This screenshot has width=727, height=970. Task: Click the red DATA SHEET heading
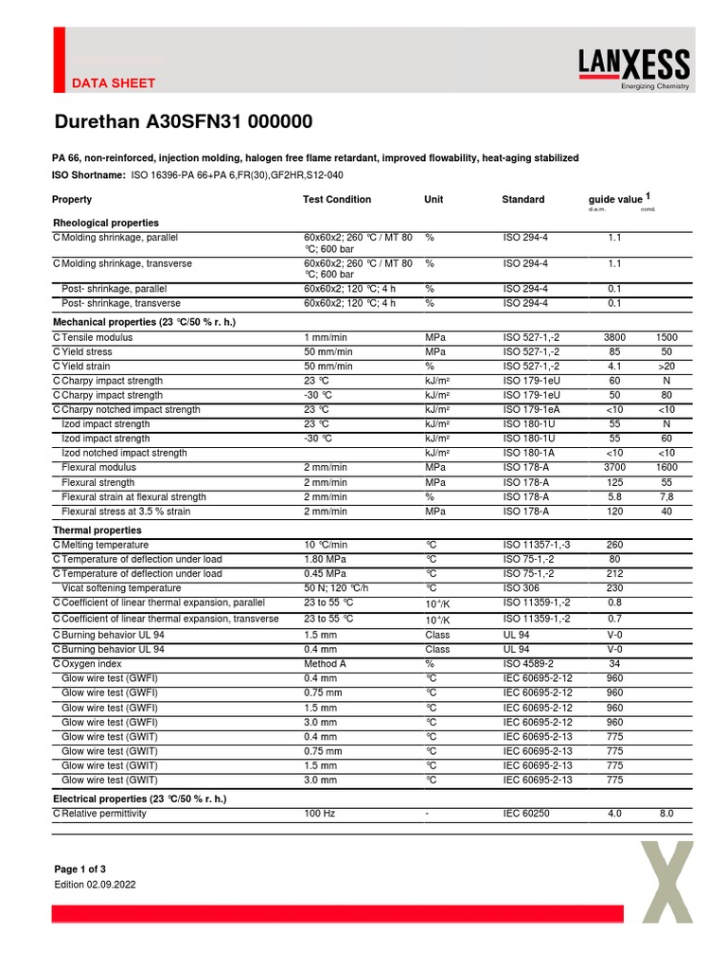115,83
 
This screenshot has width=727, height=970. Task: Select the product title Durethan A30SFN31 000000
183,122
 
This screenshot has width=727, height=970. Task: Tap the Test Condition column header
337,200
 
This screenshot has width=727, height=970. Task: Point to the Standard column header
523,200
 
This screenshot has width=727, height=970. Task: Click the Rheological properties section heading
106,223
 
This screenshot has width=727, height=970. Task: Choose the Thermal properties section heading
98,530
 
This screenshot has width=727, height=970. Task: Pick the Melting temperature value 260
614,545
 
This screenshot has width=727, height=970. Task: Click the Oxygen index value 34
614,664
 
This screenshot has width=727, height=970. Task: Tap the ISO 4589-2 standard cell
528,664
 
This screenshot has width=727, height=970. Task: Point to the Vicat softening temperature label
121,588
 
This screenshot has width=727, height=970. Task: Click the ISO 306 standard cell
522,588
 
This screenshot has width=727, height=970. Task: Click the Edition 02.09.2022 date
96,885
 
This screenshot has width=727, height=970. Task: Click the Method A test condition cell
325,664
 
